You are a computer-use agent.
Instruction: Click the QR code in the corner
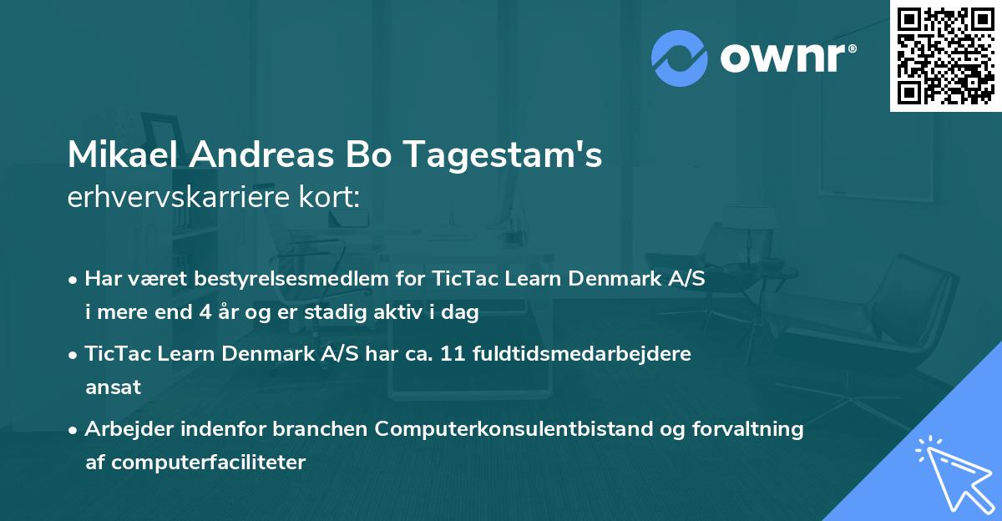pos(945,55)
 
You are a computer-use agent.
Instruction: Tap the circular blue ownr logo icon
pos(679,58)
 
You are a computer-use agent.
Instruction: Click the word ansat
pos(114,387)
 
